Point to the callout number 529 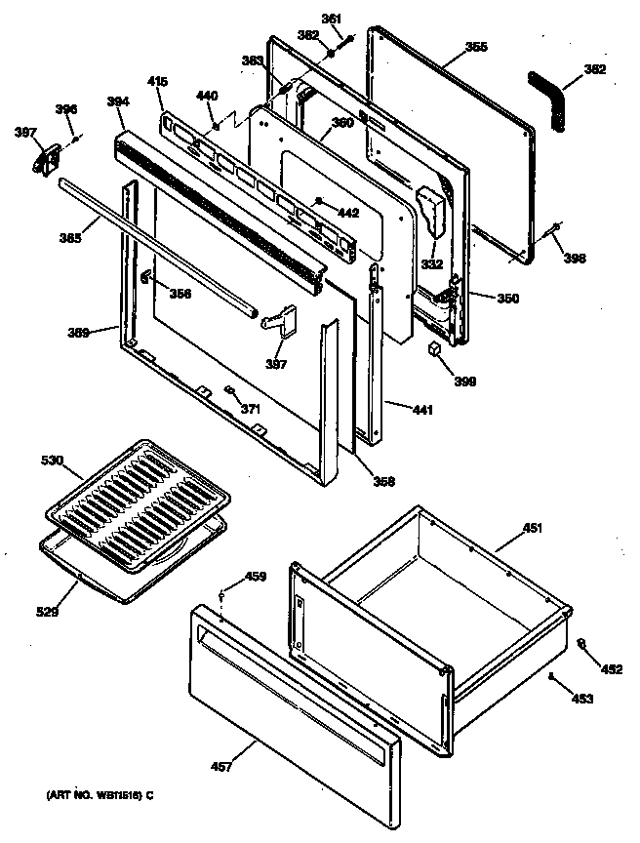(48, 612)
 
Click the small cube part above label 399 (434, 347)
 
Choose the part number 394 (118, 100)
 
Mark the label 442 (347, 212)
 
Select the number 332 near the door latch (431, 263)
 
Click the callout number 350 (507, 299)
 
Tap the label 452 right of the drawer (611, 669)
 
